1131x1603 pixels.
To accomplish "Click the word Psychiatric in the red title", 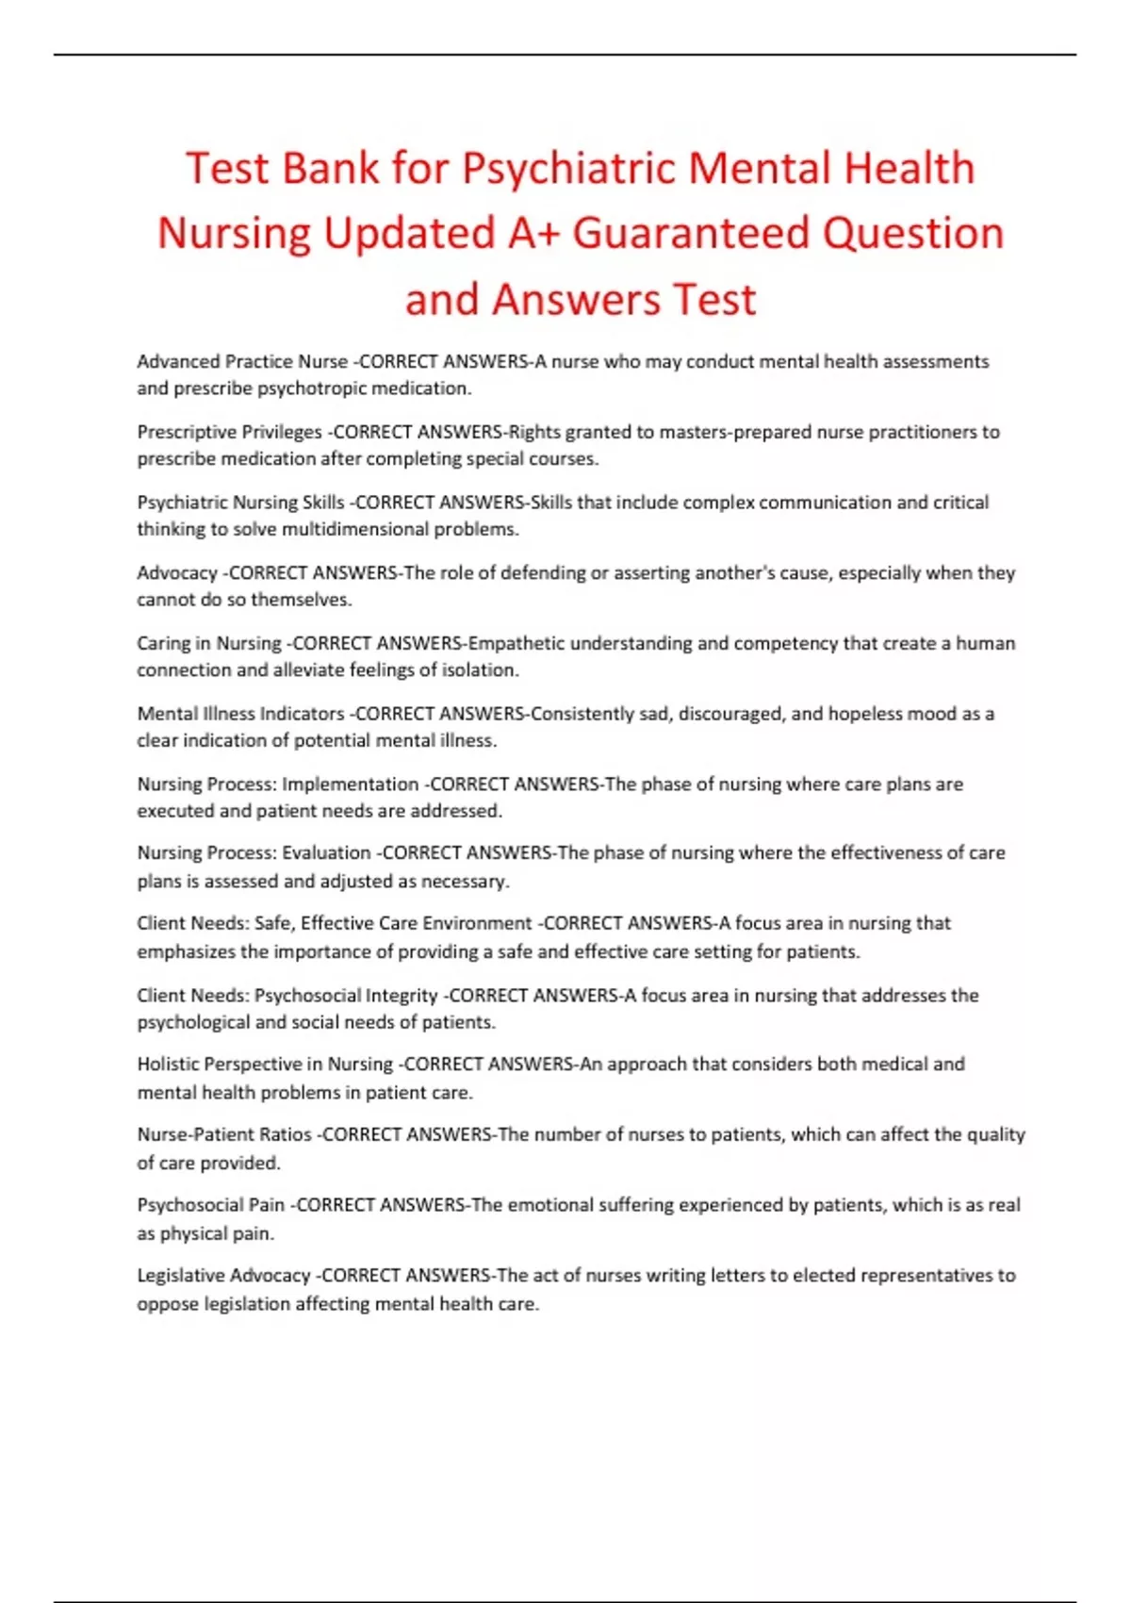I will (568, 170).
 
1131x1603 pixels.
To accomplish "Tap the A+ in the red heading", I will (533, 234).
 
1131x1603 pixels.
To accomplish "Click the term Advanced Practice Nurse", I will (242, 361).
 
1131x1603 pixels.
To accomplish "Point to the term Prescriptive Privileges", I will (229, 432).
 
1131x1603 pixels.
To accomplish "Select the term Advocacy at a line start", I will (177, 572).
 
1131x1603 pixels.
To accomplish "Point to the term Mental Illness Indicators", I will (240, 714).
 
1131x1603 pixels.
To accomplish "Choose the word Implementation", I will (351, 785).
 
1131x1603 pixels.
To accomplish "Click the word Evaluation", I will (326, 853).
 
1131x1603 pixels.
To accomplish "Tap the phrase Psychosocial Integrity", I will (346, 996).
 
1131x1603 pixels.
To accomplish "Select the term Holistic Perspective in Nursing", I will (265, 1065).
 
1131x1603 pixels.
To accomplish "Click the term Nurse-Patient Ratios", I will (224, 1134).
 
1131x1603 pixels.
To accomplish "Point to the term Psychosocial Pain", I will (210, 1205).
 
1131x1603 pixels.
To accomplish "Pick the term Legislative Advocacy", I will (223, 1276).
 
